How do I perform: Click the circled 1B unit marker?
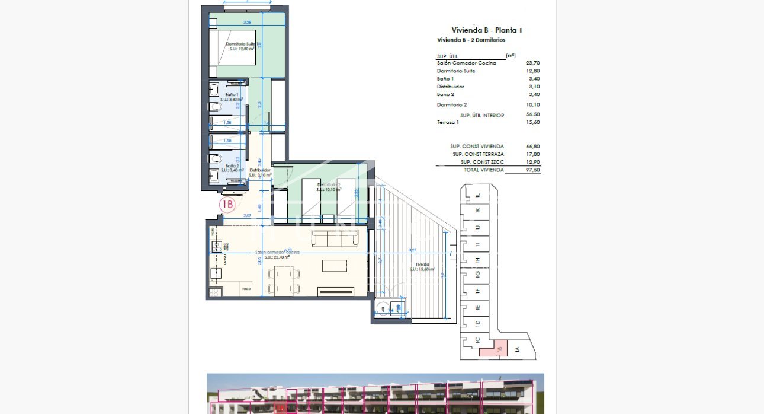(x=227, y=205)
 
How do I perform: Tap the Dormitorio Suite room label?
(x=241, y=46)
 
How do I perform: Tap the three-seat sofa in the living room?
(x=335, y=238)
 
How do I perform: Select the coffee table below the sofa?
(x=335, y=265)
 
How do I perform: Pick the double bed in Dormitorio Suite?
(x=232, y=47)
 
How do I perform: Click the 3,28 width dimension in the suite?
(x=248, y=23)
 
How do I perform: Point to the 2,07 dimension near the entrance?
(x=247, y=216)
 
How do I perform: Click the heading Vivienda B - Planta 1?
(x=487, y=30)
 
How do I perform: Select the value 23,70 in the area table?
(x=532, y=63)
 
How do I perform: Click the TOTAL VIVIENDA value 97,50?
(x=532, y=170)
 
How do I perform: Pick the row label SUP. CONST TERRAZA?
(x=477, y=154)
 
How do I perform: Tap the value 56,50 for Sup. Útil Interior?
(x=532, y=115)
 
